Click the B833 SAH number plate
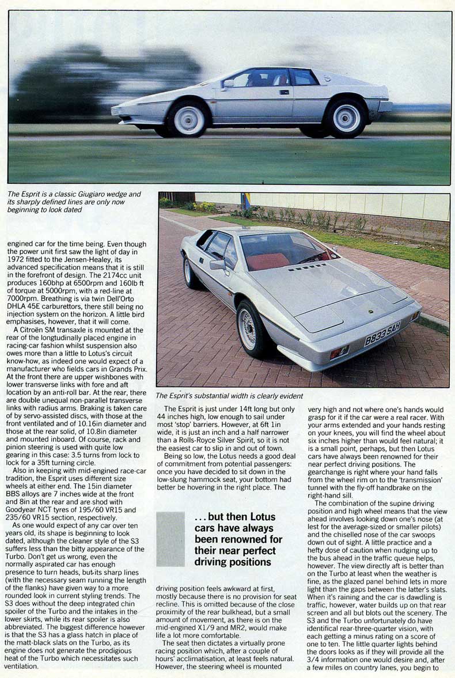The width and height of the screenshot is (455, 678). [382, 334]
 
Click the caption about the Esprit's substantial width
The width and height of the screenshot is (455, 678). [229, 396]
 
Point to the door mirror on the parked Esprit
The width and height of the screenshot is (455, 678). [217, 264]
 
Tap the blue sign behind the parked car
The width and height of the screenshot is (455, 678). [246, 201]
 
